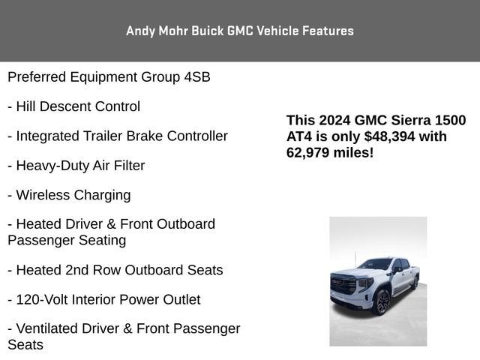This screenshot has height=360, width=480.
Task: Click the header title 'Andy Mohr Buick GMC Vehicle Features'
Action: [x=240, y=31]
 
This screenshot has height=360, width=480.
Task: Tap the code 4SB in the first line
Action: [x=197, y=77]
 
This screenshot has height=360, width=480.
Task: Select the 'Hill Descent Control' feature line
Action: [x=78, y=106]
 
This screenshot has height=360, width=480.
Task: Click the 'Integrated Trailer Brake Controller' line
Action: [x=121, y=136]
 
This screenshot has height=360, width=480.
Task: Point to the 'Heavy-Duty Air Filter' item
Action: [x=80, y=166]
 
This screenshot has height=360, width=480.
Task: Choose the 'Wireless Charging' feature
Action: [x=73, y=195]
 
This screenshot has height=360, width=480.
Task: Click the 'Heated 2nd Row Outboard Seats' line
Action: [x=119, y=270]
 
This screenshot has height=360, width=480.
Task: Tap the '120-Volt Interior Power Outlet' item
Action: [x=108, y=300]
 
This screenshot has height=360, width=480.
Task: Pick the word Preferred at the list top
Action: [x=37, y=77]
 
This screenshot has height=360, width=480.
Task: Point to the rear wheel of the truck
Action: [x=414, y=283]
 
